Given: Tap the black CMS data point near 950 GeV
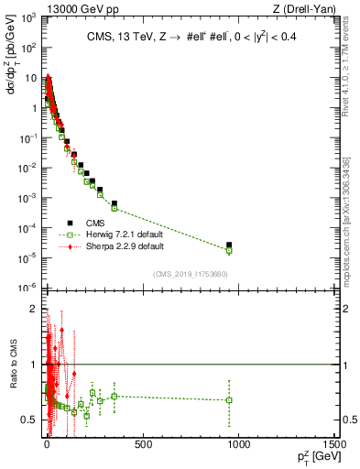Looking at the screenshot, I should [x=229, y=245].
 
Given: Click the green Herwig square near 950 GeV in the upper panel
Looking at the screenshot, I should [x=229, y=250].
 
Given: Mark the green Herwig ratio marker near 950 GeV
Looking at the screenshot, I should [x=229, y=399].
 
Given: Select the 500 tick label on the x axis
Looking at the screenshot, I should [x=142, y=445].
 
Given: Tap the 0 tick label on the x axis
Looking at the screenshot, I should [x=46, y=445].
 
